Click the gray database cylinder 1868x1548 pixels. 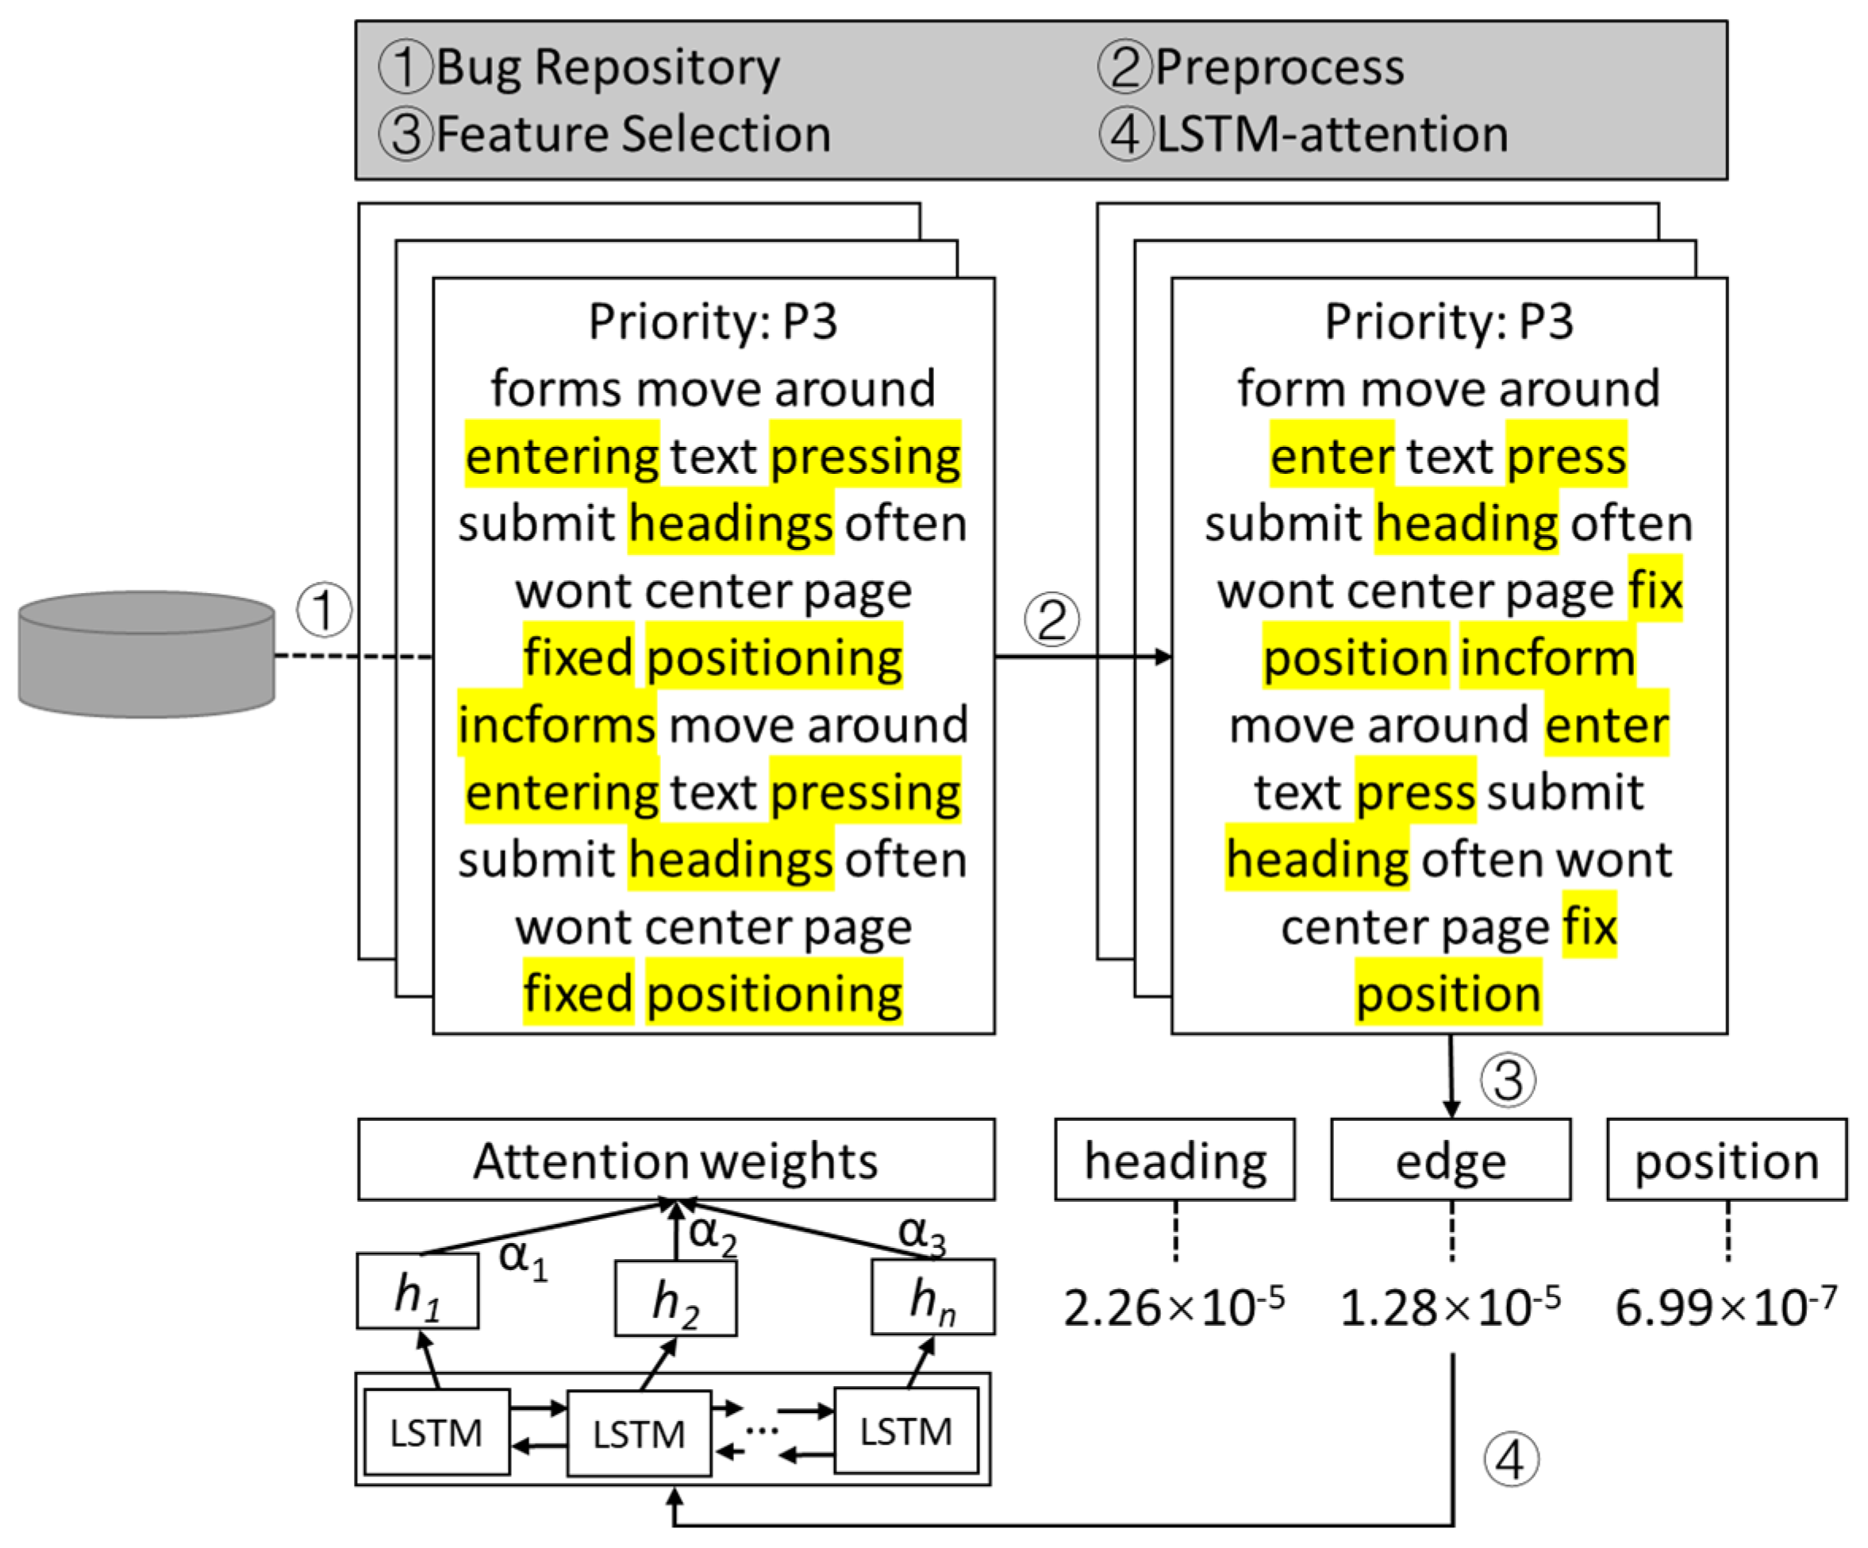click(146, 655)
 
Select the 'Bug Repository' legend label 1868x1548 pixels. click(609, 67)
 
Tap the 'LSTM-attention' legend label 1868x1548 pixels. click(1332, 135)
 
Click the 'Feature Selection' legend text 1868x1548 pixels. click(633, 135)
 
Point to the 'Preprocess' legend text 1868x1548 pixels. click(1279, 67)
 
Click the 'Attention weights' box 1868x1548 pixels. click(676, 1160)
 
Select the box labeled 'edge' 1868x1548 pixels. click(1451, 1160)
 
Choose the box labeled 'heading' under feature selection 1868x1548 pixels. click(1175, 1160)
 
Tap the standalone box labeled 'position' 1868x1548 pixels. click(1727, 1160)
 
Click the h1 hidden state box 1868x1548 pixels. click(417, 1291)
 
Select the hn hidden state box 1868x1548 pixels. click(932, 1297)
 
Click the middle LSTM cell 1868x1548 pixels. click(639, 1433)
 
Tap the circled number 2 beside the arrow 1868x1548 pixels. click(1051, 619)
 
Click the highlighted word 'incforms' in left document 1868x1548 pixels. click(557, 724)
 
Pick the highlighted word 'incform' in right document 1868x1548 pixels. click(1546, 657)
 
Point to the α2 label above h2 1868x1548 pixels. click(713, 1234)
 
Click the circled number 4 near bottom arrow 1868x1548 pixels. click(1510, 1460)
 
